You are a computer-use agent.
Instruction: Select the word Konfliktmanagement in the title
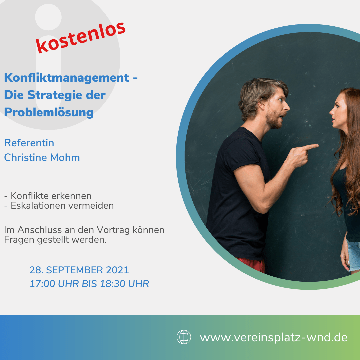point(67,78)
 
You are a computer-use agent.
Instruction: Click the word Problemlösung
point(49,113)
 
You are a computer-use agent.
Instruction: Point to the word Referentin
point(29,143)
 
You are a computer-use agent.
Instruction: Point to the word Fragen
point(19,240)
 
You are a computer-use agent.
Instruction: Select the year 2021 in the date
point(117,270)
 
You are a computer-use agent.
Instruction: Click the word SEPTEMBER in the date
point(75,270)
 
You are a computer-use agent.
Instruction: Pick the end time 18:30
point(113,284)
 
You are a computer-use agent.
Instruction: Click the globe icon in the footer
point(184,337)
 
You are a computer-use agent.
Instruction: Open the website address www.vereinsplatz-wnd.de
point(273,337)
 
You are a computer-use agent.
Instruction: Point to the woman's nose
point(332,112)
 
